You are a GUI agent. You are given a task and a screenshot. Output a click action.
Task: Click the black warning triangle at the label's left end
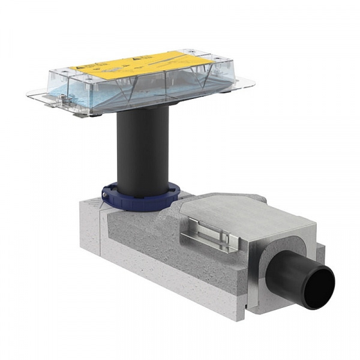pos(78,70)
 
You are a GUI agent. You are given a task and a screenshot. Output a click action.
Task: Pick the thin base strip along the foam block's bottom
pos(168,294)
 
